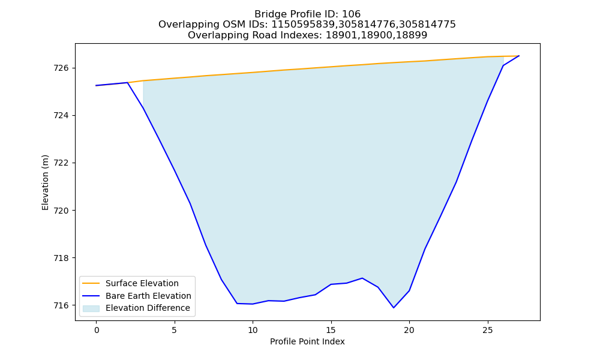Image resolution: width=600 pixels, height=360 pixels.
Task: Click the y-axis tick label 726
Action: click(61, 68)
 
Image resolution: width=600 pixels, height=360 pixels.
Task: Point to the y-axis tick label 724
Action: click(61, 116)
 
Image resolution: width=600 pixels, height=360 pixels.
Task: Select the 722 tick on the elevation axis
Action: click(61, 163)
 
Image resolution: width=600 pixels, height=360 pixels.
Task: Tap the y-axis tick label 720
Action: click(61, 211)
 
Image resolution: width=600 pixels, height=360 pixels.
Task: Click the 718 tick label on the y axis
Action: click(61, 258)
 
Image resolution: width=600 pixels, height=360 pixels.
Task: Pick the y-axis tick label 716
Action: click(61, 305)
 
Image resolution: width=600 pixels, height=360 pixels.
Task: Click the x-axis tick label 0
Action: click(97, 330)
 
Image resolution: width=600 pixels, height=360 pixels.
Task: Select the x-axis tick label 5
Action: click(175, 330)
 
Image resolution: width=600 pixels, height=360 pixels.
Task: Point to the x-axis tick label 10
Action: click(253, 330)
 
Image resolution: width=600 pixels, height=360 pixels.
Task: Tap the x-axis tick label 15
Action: click(331, 330)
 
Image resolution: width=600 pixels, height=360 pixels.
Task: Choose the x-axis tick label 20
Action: click(409, 330)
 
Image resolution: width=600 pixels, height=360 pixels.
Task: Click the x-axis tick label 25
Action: click(487, 330)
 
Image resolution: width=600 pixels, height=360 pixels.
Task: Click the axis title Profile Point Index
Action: click(307, 341)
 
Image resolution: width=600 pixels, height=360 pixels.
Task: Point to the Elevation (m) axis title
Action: click(45, 182)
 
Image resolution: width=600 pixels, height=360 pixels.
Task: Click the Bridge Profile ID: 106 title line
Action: click(307, 14)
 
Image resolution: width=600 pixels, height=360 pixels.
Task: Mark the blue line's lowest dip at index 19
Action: click(394, 308)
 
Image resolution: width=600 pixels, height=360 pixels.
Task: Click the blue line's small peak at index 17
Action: click(362, 278)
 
